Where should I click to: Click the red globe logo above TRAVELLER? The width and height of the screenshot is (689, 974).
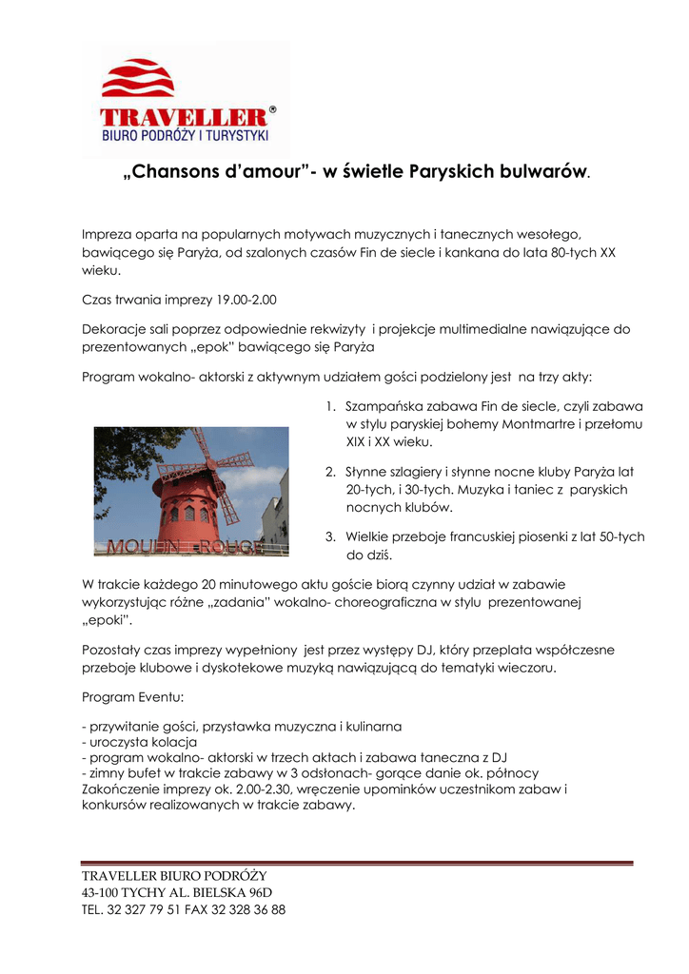pyautogui.click(x=138, y=79)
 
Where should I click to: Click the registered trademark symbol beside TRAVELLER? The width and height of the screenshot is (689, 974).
pyautogui.click(x=273, y=110)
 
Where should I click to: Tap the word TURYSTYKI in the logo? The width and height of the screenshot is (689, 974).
pyautogui.click(x=239, y=136)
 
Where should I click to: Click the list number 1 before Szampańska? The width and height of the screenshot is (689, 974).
pyautogui.click(x=329, y=404)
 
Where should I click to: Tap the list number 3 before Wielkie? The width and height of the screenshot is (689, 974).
pyautogui.click(x=329, y=536)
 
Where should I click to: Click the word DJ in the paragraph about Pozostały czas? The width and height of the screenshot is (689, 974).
pyautogui.click(x=426, y=650)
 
